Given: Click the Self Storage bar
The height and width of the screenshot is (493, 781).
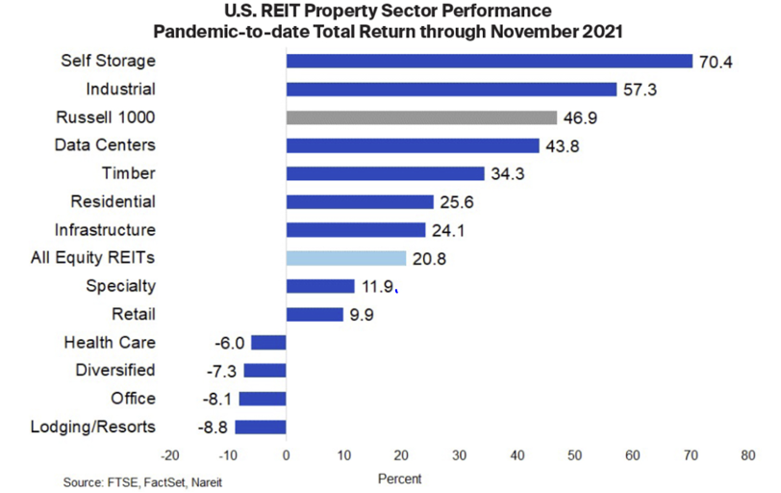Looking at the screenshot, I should (489, 61).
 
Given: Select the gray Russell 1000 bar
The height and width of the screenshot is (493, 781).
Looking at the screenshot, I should (421, 117).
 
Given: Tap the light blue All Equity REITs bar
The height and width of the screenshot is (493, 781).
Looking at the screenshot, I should (346, 258).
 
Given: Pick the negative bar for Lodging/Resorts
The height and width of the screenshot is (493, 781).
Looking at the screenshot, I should (261, 427).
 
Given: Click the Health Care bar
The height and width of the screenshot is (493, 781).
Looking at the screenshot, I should (268, 342).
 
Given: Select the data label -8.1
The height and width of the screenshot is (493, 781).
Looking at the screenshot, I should (218, 399).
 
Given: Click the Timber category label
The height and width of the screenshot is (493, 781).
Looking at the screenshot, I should (128, 173).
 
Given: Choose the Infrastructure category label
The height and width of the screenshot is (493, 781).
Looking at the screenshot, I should (105, 230).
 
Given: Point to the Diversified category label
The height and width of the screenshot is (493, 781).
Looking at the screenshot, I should (115, 371).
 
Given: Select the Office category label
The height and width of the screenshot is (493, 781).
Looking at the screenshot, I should (133, 399).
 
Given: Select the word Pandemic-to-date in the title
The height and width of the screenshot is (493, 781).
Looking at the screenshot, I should (259, 32).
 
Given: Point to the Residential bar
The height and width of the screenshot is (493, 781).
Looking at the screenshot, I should (360, 202).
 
